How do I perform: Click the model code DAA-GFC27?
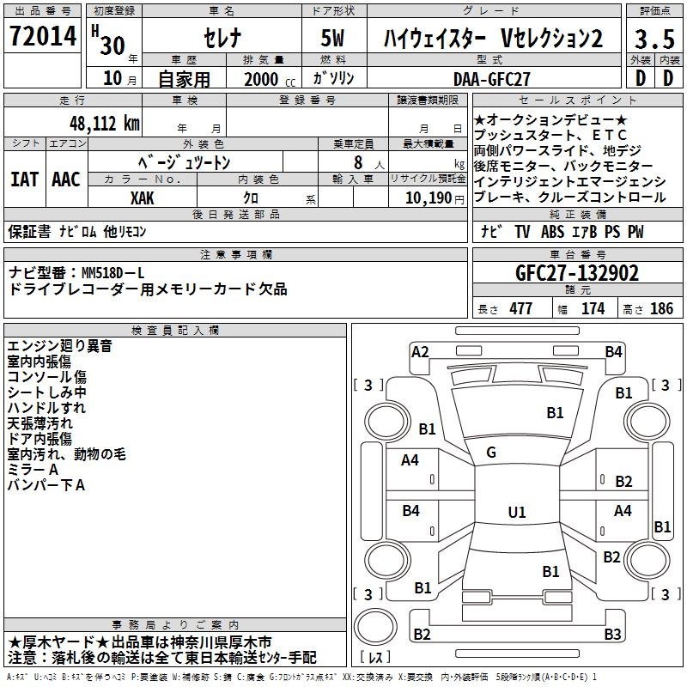click(x=491, y=79)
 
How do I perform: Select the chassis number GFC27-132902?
click(x=577, y=274)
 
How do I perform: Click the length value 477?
click(x=520, y=309)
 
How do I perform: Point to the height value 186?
click(x=661, y=309)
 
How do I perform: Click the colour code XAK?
click(x=142, y=198)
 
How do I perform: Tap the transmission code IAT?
click(x=24, y=179)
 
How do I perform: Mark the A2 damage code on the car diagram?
click(x=420, y=351)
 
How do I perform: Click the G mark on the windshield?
click(x=491, y=452)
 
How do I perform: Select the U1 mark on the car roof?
click(x=516, y=513)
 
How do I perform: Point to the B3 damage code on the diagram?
click(x=611, y=635)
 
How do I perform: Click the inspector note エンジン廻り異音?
click(x=60, y=346)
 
